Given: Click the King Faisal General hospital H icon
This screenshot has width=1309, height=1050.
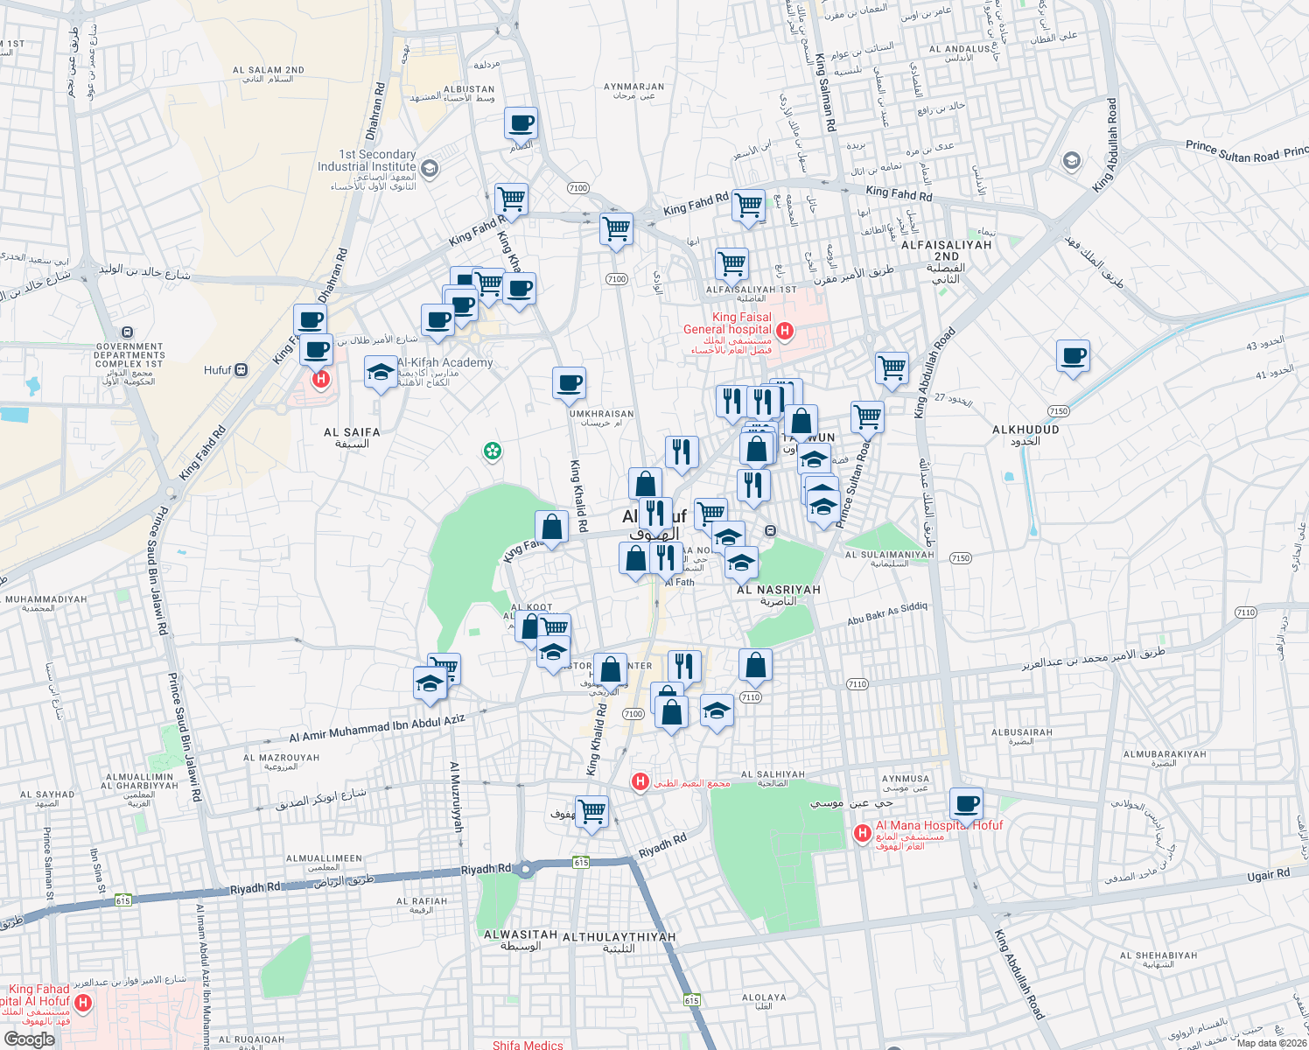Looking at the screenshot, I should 785,331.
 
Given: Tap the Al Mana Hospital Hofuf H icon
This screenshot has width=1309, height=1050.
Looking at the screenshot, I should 862,833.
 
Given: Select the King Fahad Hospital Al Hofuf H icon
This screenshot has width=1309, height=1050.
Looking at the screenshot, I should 83,1003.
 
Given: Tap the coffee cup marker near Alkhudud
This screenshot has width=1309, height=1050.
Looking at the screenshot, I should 1073,356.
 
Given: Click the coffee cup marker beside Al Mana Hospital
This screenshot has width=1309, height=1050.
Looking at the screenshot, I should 966,802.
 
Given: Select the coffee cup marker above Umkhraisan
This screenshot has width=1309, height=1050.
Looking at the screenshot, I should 569,382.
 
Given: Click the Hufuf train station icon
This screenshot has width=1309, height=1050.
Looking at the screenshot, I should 241,370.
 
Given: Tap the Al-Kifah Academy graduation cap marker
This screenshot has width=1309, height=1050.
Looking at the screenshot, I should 380,374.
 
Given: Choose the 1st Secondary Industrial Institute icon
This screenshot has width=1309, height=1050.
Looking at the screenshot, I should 429,167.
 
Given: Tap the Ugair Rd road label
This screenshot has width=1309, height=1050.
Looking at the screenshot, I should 1269,874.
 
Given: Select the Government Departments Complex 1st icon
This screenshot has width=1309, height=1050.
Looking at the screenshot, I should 129,332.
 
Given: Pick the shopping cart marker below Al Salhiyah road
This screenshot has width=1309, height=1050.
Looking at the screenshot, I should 591,811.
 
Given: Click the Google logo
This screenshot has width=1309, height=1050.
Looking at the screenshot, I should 29,1039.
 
